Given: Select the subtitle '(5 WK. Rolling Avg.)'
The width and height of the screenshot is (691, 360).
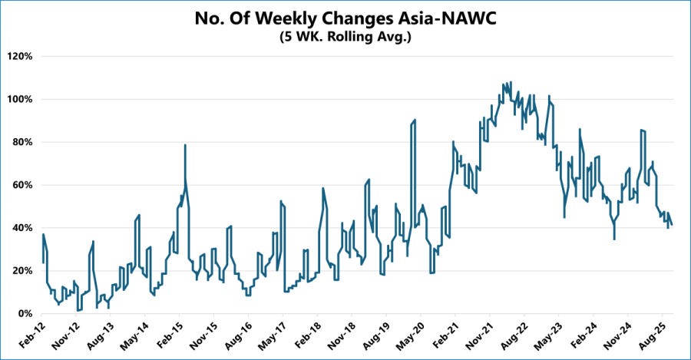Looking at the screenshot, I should coord(345,36).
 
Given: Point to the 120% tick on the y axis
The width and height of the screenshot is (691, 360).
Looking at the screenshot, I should coord(20,57).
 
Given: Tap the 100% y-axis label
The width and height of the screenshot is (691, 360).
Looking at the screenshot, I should coord(20,100).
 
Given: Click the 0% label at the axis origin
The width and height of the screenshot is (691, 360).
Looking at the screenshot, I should coord(25,314).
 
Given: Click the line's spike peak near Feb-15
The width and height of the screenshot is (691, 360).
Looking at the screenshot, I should coord(185,145).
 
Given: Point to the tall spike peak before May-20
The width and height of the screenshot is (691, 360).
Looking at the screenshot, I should coord(415,120).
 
